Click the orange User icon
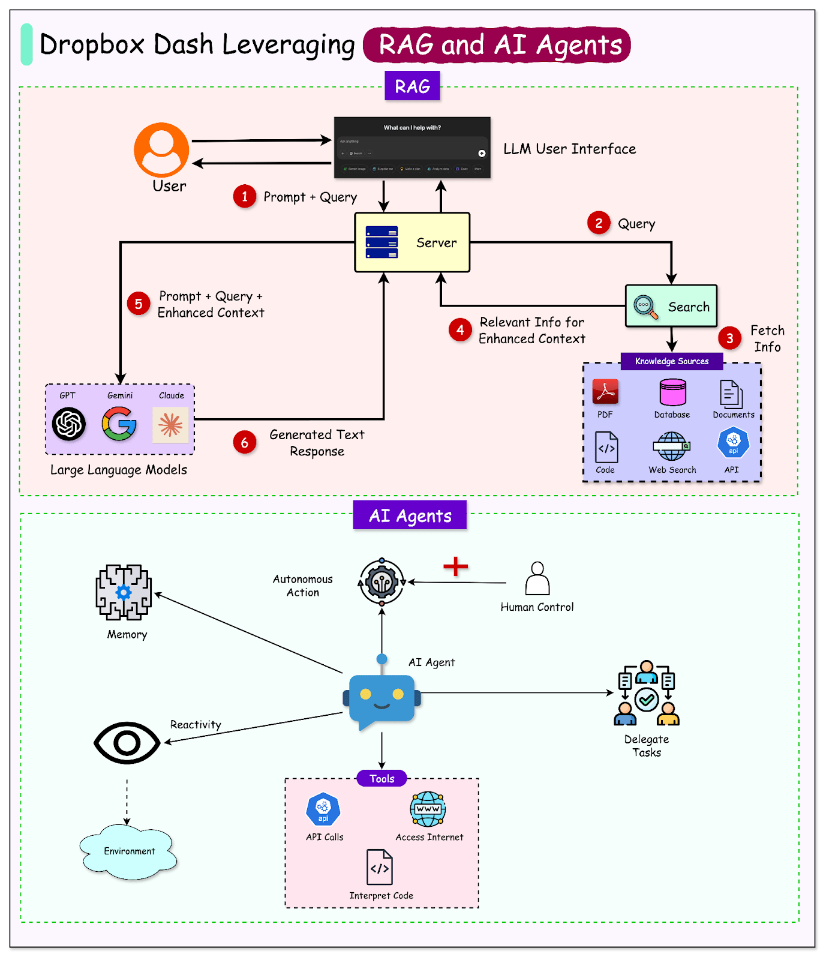pos(161,150)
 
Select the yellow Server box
pos(412,242)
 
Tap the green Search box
pos(671,306)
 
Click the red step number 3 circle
pos(729,338)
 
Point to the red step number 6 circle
pos(245,443)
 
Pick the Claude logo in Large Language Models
pos(170,425)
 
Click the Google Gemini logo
pos(119,424)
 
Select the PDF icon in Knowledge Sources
pos(605,392)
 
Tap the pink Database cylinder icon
pos(672,392)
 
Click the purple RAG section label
pos(412,86)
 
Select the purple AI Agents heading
pos(410,515)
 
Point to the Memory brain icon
pos(124,592)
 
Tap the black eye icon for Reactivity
pos(127,743)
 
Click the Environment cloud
pos(129,851)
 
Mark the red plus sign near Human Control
pos(456,566)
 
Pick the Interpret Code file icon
pos(380,867)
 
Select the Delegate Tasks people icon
pos(647,694)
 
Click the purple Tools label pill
pos(382,779)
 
